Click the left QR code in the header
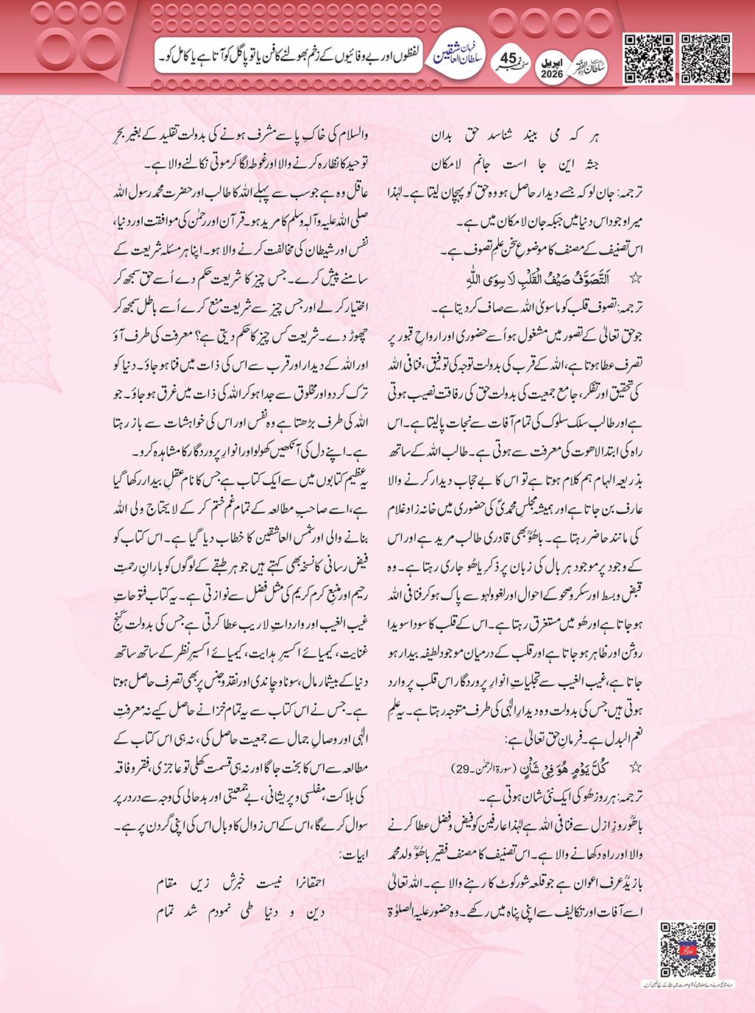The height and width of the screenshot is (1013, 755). [648, 58]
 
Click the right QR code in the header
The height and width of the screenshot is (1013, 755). [705, 58]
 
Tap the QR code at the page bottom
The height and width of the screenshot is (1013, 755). [687, 949]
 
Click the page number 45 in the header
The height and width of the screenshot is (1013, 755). [509, 58]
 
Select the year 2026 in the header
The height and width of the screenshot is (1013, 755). [552, 74]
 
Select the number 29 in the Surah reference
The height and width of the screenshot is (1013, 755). [461, 769]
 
